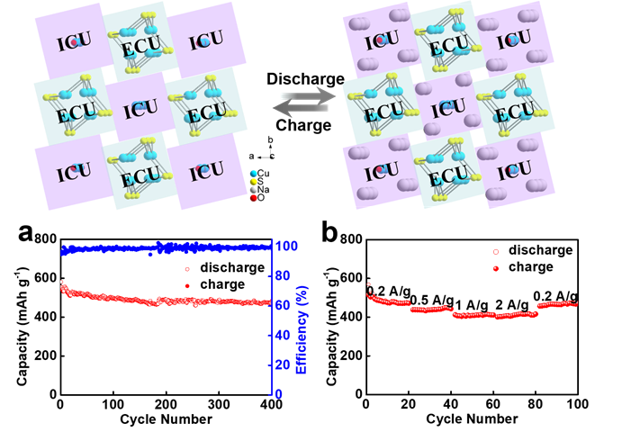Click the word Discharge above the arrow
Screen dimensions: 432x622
click(305, 79)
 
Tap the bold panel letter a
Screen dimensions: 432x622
click(28, 235)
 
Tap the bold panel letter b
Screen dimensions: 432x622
click(331, 235)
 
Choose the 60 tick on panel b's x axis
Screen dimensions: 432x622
click(492, 402)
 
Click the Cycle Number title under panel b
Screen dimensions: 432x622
click(471, 418)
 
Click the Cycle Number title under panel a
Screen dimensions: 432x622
click(166, 418)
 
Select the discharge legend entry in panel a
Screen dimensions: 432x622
click(226, 267)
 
